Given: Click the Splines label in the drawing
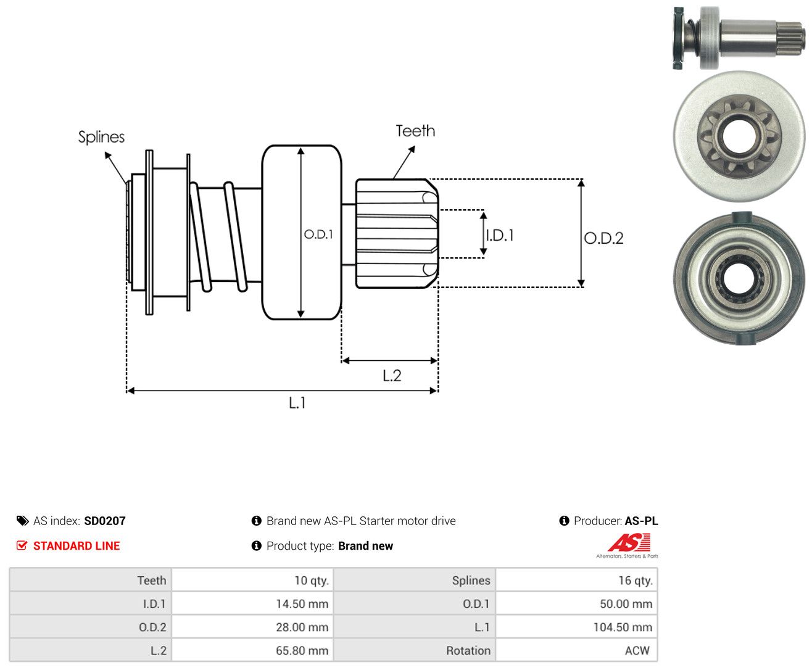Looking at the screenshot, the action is (101, 137).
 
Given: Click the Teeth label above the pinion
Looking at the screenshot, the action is (415, 131).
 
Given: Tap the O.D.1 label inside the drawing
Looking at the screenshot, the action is (318, 234).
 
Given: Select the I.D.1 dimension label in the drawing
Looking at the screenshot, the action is (500, 235).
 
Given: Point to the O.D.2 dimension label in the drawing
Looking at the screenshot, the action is (603, 238).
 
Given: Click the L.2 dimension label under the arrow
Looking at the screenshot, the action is (392, 376).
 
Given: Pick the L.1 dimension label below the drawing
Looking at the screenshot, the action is (297, 403).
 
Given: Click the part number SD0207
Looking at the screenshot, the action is (105, 521).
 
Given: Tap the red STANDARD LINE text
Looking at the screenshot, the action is (77, 546).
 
